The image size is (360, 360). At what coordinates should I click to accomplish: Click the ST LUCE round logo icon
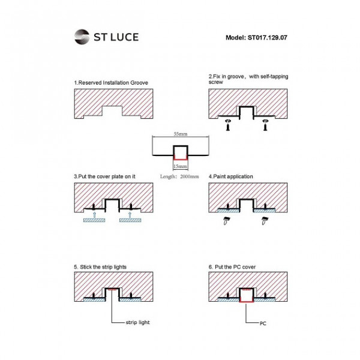click(82, 37)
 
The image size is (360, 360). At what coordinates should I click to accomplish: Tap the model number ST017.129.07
click(267, 38)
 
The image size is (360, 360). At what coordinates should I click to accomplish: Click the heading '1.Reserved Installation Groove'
click(111, 83)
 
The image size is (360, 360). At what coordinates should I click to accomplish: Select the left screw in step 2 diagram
click(228, 125)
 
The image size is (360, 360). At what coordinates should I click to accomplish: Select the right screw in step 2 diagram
click(265, 125)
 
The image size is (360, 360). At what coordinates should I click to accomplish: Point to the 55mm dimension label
click(181, 134)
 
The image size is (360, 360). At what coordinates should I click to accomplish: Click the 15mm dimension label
click(180, 166)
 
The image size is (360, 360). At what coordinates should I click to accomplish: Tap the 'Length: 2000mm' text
click(179, 176)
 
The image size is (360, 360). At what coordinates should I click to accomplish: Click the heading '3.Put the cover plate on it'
click(104, 176)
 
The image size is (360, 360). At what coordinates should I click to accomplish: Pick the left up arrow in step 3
click(94, 215)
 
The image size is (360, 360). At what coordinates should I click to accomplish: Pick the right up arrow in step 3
click(130, 215)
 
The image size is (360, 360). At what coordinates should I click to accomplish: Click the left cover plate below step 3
click(94, 220)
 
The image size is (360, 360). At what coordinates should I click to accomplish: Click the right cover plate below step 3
click(130, 220)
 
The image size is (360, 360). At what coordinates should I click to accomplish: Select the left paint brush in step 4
click(227, 220)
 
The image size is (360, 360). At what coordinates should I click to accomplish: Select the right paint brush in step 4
click(265, 220)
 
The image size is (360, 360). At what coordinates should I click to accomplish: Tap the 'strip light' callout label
click(137, 322)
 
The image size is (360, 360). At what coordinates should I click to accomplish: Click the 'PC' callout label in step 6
click(263, 323)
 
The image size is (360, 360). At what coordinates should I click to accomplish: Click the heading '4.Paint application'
click(231, 176)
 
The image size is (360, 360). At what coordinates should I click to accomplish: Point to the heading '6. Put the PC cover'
click(232, 267)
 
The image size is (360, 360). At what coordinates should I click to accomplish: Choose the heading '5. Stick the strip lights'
click(100, 267)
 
